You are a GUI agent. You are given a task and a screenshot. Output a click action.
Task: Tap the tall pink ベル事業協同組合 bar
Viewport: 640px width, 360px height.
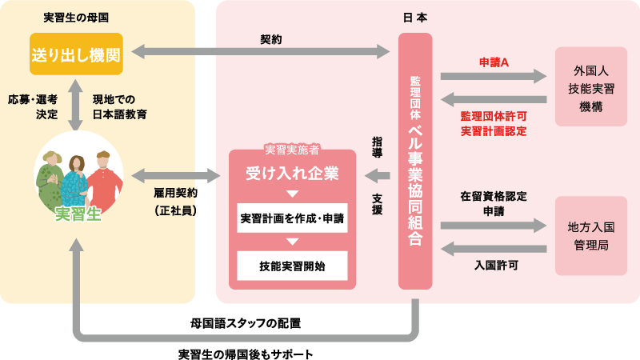pos(415,160)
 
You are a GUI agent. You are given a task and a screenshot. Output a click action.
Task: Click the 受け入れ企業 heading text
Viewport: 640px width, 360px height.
pos(292,173)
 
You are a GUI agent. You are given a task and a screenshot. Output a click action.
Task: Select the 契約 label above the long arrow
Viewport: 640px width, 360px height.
pos(271,38)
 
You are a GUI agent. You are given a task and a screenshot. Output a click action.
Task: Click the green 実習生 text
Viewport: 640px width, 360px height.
pos(78,214)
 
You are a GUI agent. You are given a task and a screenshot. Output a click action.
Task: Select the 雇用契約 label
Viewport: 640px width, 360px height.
pos(175,194)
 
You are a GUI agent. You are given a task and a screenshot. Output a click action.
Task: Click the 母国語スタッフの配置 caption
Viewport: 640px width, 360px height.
pos(246,324)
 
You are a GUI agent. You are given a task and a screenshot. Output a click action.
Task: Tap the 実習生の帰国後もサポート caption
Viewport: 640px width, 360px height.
pos(246,353)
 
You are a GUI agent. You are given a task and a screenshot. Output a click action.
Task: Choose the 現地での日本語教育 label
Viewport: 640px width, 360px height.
pos(119,106)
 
